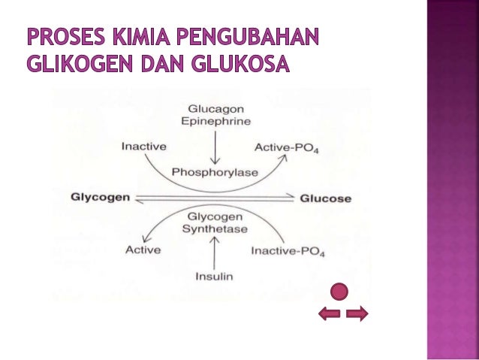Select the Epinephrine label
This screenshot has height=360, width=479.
[x=215, y=120]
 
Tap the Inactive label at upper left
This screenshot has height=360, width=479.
[x=144, y=146]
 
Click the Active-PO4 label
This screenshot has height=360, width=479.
[x=287, y=147]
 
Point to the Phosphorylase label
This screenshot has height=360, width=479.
[x=215, y=172]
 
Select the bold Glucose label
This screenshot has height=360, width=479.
[x=326, y=198]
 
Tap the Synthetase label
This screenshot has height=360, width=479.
[x=215, y=228]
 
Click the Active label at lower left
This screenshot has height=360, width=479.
[x=143, y=250]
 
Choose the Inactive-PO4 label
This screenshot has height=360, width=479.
[x=288, y=250]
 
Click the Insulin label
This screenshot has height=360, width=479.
[x=215, y=276]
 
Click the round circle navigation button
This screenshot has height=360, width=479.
[x=341, y=292]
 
